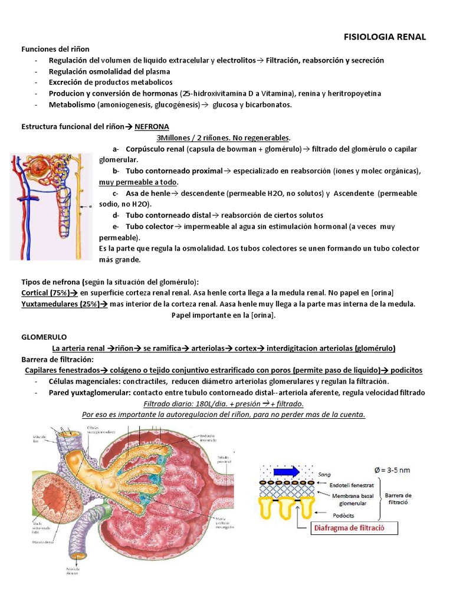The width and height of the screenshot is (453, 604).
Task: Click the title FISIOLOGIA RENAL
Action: pyautogui.click(x=385, y=37)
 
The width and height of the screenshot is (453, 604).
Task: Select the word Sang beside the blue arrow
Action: pyautogui.click(x=324, y=473)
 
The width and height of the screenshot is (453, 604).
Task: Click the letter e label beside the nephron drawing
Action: pyautogui.click(x=90, y=207)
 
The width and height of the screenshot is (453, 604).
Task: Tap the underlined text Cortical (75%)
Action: pyautogui.click(x=45, y=293)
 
